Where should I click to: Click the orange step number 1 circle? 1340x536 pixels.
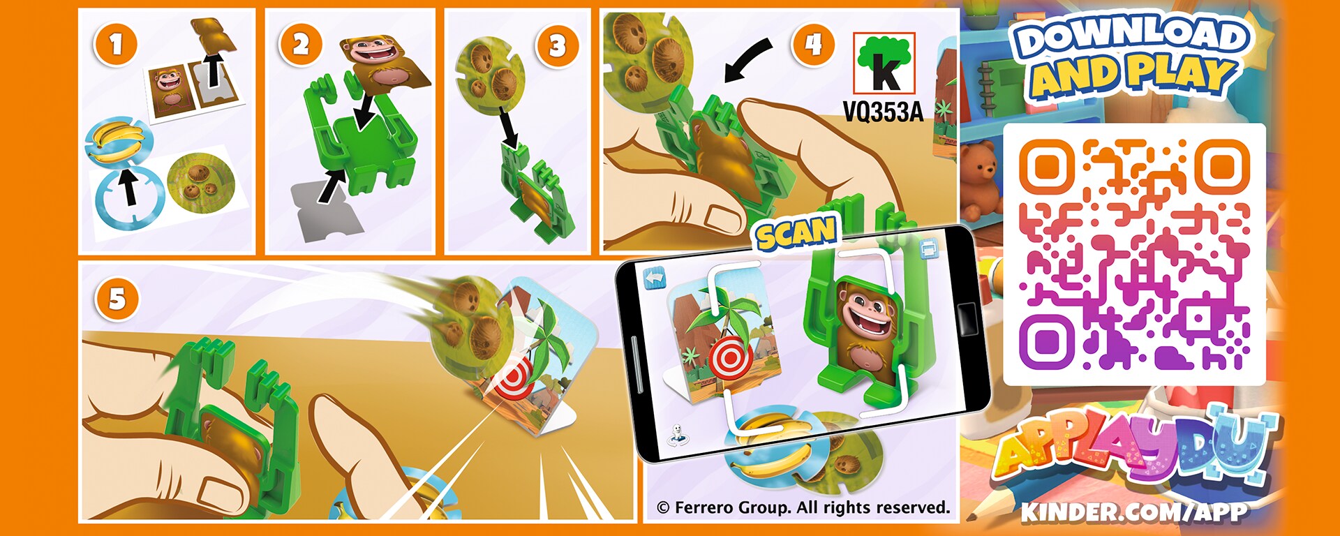[115, 45]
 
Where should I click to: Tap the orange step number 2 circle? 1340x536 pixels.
[301, 45]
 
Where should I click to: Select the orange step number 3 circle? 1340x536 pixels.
[557, 46]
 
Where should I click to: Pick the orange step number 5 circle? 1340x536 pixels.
[117, 299]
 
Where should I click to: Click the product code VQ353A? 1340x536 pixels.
[884, 111]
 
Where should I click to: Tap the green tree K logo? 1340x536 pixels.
[884, 64]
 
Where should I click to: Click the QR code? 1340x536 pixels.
[1134, 254]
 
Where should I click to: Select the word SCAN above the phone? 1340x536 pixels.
[796, 232]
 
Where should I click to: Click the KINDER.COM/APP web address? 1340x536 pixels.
[1134, 512]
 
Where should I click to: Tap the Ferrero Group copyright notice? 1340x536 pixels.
[803, 507]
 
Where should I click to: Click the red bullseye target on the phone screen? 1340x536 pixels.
[730, 359]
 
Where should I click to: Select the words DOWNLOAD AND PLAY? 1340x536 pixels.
[1131, 57]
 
